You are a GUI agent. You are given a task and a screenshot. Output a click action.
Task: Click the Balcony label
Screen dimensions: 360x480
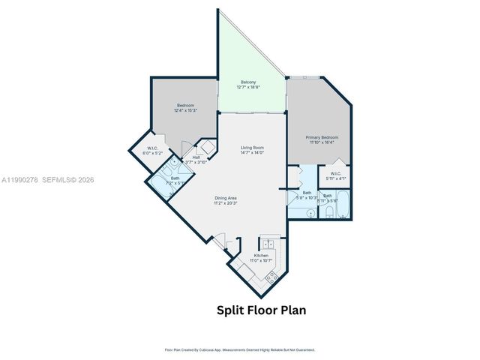tap(249, 85)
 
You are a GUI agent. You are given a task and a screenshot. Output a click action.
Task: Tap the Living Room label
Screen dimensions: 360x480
tap(251, 151)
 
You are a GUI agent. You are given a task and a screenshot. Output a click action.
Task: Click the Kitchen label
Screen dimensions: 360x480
tap(260, 259)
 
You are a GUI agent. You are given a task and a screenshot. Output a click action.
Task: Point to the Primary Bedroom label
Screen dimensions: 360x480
tap(321, 141)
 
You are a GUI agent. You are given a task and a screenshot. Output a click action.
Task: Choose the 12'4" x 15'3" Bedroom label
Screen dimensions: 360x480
tap(185, 108)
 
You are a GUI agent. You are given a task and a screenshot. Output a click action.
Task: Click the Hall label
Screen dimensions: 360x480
tap(196, 160)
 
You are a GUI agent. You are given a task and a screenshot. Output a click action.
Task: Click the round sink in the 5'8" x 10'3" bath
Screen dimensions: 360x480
tap(310, 212)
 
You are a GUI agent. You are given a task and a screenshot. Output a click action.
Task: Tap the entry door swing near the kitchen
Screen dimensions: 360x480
tap(220, 242)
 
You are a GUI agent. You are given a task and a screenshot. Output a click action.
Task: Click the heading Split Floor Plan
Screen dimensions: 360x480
tap(261, 309)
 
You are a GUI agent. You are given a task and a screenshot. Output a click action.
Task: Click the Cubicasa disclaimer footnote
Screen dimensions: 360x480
tap(240, 349)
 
